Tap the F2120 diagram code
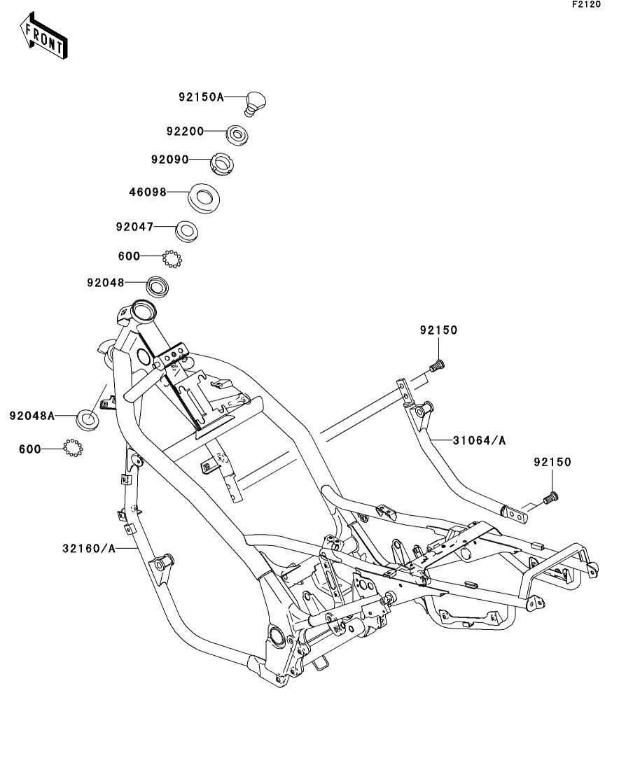click(x=586, y=5)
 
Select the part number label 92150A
click(x=200, y=98)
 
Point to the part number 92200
click(x=185, y=131)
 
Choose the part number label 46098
click(x=148, y=192)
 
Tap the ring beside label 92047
click(x=186, y=229)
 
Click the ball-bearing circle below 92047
click(x=172, y=258)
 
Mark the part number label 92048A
click(x=32, y=415)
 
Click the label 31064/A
click(x=478, y=440)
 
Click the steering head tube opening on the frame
click(x=143, y=310)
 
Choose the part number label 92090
click(x=170, y=160)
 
